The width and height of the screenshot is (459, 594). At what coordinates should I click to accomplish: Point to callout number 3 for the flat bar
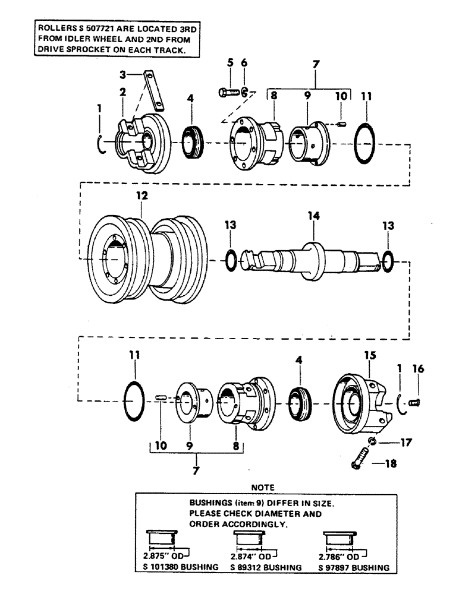[x=121, y=75]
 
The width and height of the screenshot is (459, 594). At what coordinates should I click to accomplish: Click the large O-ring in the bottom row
[x=135, y=394]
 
